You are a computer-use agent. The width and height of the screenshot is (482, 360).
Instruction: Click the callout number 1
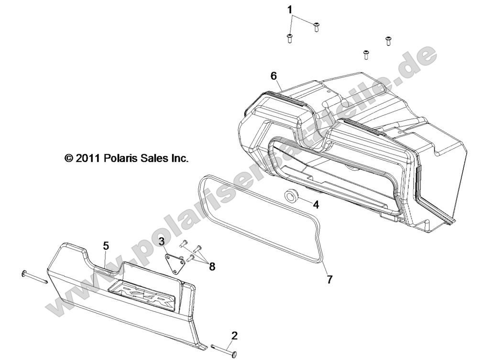click(x=289, y=10)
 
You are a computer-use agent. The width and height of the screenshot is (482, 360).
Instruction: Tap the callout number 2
click(x=234, y=336)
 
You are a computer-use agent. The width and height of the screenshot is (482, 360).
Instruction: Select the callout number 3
click(x=162, y=240)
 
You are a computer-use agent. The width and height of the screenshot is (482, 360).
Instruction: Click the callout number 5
click(x=106, y=246)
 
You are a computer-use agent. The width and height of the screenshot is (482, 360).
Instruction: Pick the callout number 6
click(x=274, y=76)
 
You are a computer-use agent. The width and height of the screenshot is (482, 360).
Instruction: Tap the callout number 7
click(x=329, y=280)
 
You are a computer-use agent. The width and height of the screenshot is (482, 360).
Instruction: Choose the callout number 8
click(x=212, y=266)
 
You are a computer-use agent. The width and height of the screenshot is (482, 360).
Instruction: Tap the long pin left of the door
click(x=34, y=277)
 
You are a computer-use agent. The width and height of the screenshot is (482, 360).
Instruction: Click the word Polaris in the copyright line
click(x=117, y=158)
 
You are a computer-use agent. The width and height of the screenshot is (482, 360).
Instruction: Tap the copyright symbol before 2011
click(x=69, y=158)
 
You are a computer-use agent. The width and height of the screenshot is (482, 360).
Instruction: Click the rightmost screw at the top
click(x=388, y=41)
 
